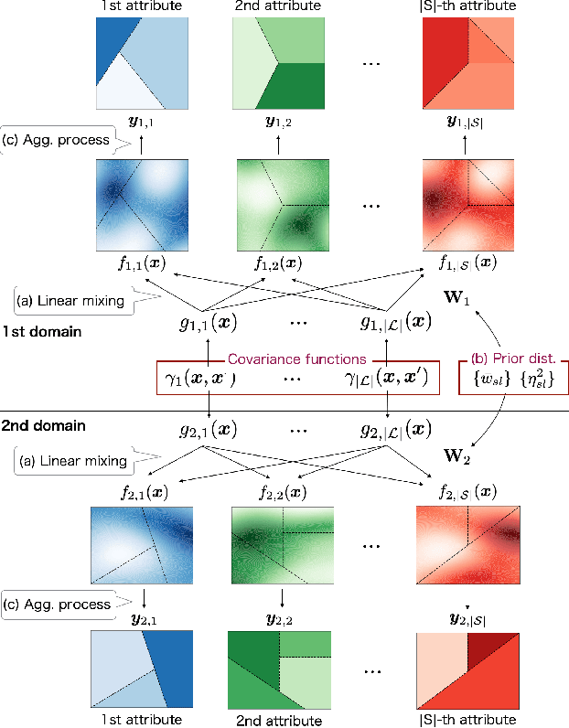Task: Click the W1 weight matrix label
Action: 480,299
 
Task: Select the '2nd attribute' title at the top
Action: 278,7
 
